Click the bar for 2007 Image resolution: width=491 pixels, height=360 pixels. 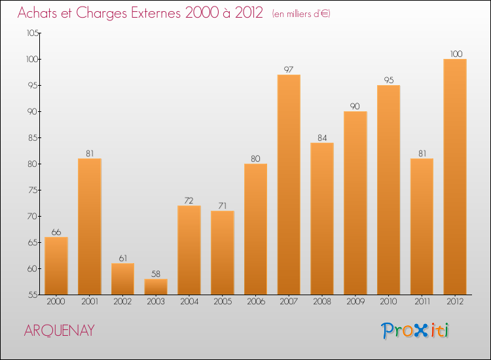click(289, 185)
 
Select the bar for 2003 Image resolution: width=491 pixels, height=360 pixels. click(156, 287)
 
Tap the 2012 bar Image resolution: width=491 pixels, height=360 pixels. click(455, 177)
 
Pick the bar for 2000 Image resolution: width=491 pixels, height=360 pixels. click(56, 266)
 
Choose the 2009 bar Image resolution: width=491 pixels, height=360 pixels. click(355, 203)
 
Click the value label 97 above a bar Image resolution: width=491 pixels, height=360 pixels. click(289, 69)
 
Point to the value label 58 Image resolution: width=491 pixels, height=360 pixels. click(156, 274)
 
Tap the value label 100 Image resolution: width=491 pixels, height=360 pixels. click(455, 54)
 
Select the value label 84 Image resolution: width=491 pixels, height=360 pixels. click(322, 137)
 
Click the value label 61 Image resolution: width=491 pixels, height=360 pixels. click(122, 258)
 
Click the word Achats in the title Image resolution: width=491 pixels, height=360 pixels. click(41, 12)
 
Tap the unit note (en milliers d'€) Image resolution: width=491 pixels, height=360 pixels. click(302, 14)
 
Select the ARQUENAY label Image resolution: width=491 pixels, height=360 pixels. click(59, 331)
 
